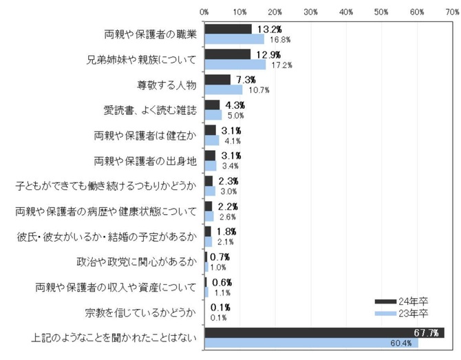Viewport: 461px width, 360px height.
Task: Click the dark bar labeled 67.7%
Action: pos(323,333)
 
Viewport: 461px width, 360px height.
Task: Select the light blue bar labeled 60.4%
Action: pos(311,343)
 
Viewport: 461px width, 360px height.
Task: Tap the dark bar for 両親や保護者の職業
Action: pos(228,29)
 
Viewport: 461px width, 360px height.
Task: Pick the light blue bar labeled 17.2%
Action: pos(235,65)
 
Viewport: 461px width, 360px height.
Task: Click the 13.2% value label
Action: pos(267,29)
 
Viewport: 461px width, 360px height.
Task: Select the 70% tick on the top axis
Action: pos(452,11)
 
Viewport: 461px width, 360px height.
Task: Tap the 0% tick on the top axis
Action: pos(204,11)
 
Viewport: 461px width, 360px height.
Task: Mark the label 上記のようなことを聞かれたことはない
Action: pos(114,338)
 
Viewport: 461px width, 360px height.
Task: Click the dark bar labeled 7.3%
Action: pos(217,80)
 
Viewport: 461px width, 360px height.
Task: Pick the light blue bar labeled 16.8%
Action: pos(234,39)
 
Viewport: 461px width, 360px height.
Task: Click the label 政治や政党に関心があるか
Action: pos(136,262)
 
